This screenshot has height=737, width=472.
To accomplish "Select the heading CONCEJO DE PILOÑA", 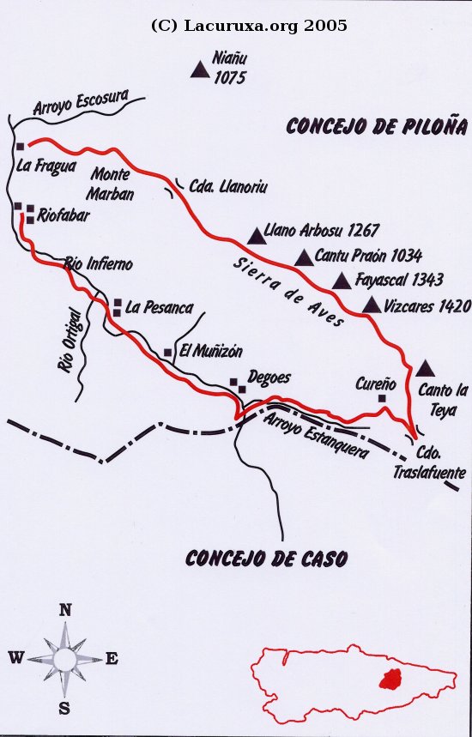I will tap(376, 127).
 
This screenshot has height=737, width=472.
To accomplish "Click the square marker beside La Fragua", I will tap(20, 147).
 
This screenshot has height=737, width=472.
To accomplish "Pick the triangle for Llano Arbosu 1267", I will tap(256, 235).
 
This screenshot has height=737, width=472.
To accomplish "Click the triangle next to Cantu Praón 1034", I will tap(304, 257).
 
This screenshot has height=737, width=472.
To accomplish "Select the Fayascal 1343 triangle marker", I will tap(342, 281).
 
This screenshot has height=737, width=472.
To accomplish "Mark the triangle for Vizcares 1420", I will tap(372, 305).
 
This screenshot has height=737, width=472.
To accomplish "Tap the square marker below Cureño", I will tap(382, 398).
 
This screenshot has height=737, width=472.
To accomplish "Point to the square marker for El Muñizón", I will tap(168, 352).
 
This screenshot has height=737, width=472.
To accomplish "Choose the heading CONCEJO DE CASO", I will tap(266, 559).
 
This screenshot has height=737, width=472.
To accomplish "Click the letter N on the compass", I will tap(64, 610).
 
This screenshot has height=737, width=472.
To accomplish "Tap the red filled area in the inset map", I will tap(391, 679).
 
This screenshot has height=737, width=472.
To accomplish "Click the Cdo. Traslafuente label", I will tap(428, 464).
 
